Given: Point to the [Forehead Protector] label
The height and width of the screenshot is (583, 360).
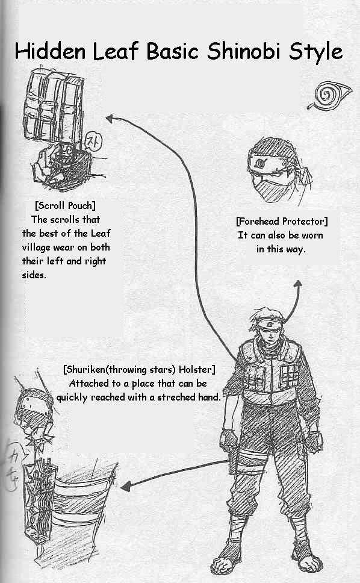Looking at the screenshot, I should click(x=282, y=222).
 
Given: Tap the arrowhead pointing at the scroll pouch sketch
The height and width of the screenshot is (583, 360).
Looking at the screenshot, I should click(x=110, y=118).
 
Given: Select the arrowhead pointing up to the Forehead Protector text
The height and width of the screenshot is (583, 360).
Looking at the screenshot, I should click(x=297, y=284).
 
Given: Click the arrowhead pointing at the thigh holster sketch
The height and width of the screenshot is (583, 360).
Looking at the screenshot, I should click(x=125, y=485).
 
